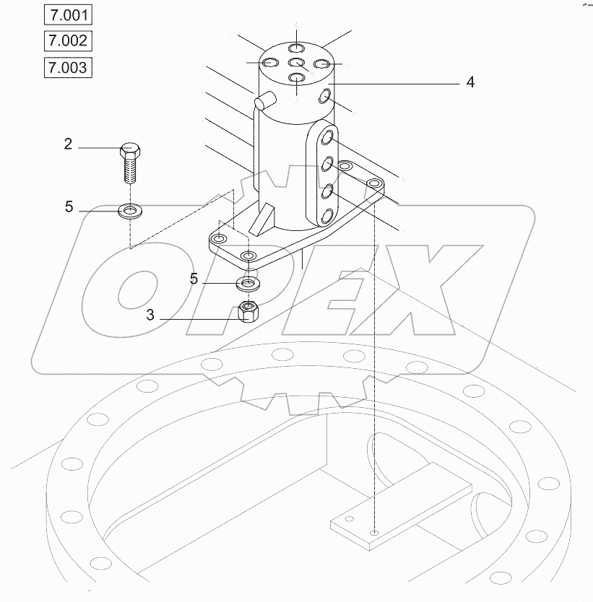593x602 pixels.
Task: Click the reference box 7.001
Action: point(68,14)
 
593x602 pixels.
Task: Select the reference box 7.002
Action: point(68,40)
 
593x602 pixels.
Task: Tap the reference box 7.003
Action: point(68,68)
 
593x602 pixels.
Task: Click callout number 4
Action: point(470,83)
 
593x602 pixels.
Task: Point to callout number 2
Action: point(68,144)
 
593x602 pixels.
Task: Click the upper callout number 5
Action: point(69,207)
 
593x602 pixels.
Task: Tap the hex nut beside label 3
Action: point(249,312)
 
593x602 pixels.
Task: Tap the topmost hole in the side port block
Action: point(328,139)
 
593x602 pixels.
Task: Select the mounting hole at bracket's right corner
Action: point(374,185)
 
